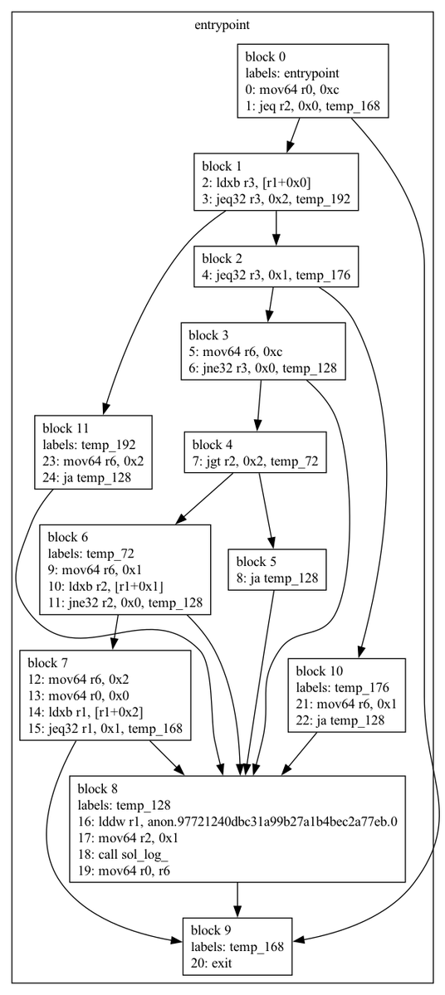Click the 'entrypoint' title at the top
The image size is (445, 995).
[222, 26]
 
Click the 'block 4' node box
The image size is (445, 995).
[255, 452]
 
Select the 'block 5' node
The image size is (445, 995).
[276, 570]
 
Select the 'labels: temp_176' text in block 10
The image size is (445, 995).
[341, 687]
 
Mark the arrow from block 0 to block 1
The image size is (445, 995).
[292, 134]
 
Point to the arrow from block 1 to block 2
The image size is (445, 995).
[276, 228]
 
